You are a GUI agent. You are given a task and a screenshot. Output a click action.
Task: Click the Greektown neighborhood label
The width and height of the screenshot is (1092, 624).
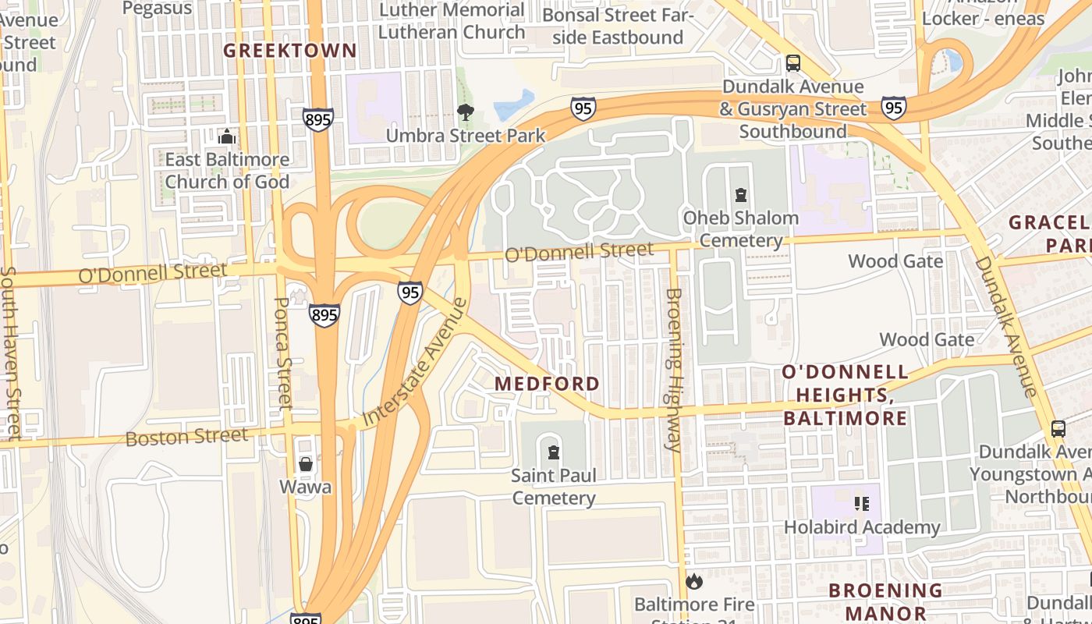290,51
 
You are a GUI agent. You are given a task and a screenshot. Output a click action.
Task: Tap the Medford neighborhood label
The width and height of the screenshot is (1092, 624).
548,384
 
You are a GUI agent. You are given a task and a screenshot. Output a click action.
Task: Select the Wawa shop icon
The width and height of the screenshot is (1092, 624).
306,464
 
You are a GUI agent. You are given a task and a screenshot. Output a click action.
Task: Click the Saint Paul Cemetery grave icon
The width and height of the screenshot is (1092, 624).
554,452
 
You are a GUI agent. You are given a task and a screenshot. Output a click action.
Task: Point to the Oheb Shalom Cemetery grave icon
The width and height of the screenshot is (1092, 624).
740,194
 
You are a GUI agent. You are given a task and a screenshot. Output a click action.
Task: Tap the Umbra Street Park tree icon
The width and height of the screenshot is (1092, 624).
466,112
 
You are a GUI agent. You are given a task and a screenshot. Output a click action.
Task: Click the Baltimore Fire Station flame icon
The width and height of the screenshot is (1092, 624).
693,581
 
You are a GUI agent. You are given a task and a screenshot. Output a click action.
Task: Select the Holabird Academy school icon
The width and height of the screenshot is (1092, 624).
861,504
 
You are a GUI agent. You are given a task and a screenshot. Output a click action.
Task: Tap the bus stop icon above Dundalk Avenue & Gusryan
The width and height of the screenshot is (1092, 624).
792,63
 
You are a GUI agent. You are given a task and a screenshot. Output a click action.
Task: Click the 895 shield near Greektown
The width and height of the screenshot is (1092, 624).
318,119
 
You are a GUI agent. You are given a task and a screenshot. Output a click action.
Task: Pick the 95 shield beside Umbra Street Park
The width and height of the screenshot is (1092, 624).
583,108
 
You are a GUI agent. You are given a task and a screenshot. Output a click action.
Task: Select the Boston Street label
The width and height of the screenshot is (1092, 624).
186,436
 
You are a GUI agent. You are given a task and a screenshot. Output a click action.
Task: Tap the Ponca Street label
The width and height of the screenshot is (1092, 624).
283,353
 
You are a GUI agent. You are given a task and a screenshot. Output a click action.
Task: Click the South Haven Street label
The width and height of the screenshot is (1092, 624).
10,351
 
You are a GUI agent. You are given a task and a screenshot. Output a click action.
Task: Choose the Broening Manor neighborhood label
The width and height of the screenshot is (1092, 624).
885,601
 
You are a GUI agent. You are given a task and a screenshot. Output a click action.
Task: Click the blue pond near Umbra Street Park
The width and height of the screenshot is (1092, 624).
514,105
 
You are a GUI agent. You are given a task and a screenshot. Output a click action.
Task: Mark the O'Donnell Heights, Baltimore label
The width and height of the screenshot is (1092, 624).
846,395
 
